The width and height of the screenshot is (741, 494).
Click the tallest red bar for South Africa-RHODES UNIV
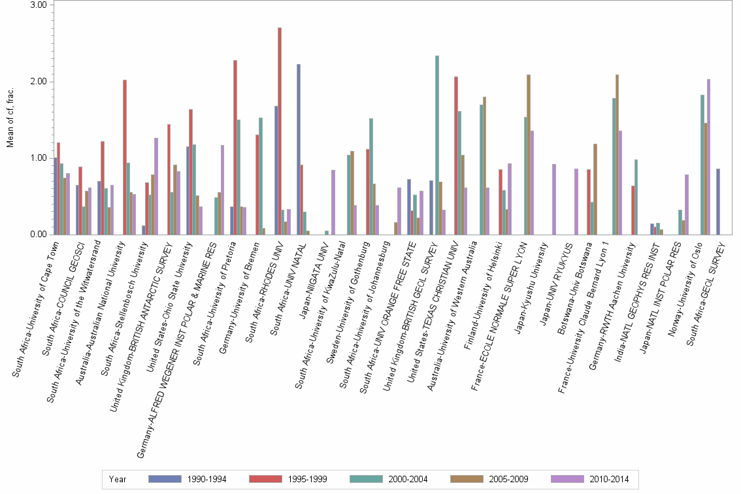[x=280, y=131]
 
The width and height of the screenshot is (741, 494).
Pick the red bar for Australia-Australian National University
[x=125, y=157]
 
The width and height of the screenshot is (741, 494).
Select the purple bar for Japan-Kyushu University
[x=554, y=199]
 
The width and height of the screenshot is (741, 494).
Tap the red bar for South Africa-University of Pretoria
[x=235, y=147]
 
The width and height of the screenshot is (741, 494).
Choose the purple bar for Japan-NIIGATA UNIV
[x=333, y=202]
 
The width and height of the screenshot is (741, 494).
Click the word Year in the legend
[x=118, y=479]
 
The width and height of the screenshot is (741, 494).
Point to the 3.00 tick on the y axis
[x=39, y=5]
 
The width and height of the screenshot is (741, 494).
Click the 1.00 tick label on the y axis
[x=39, y=158]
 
